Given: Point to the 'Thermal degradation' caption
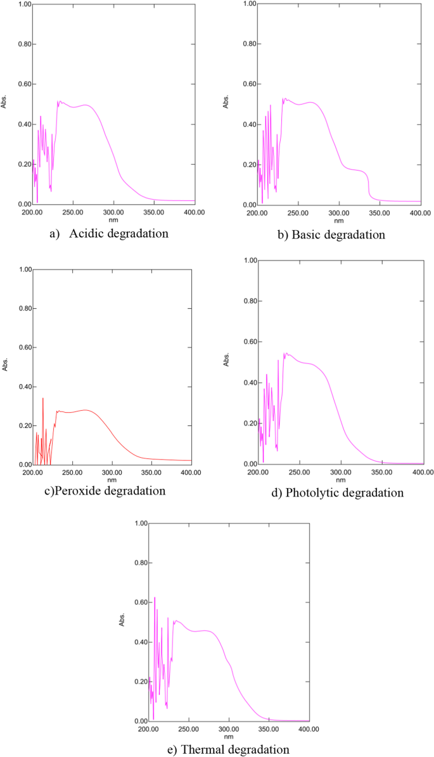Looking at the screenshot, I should pos(235,749).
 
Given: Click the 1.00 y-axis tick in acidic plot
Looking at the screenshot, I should pos(23,4).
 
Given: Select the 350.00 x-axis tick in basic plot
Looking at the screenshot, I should pos(380,213).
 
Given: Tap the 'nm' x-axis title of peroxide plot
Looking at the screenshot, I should pos(112,480).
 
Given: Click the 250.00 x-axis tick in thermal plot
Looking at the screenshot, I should pos(188,730).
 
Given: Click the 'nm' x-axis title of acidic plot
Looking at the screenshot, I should pos(113,220).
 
